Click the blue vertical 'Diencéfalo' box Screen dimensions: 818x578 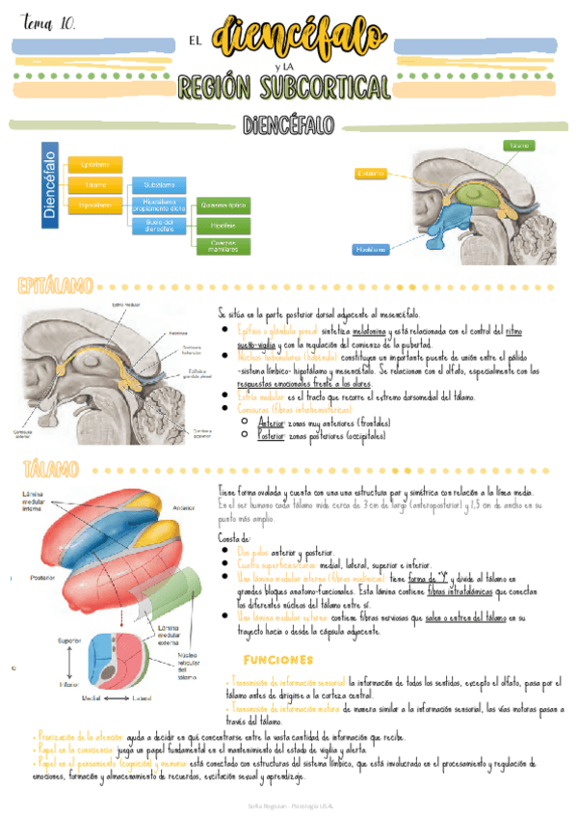point(50,183)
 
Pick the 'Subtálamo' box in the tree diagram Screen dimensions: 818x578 point(159,184)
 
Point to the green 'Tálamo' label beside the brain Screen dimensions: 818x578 point(518,145)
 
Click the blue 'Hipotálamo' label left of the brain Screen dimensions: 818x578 point(370,249)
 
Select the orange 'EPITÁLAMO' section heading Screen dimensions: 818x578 point(56,286)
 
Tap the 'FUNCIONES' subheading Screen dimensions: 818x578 point(279,660)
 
